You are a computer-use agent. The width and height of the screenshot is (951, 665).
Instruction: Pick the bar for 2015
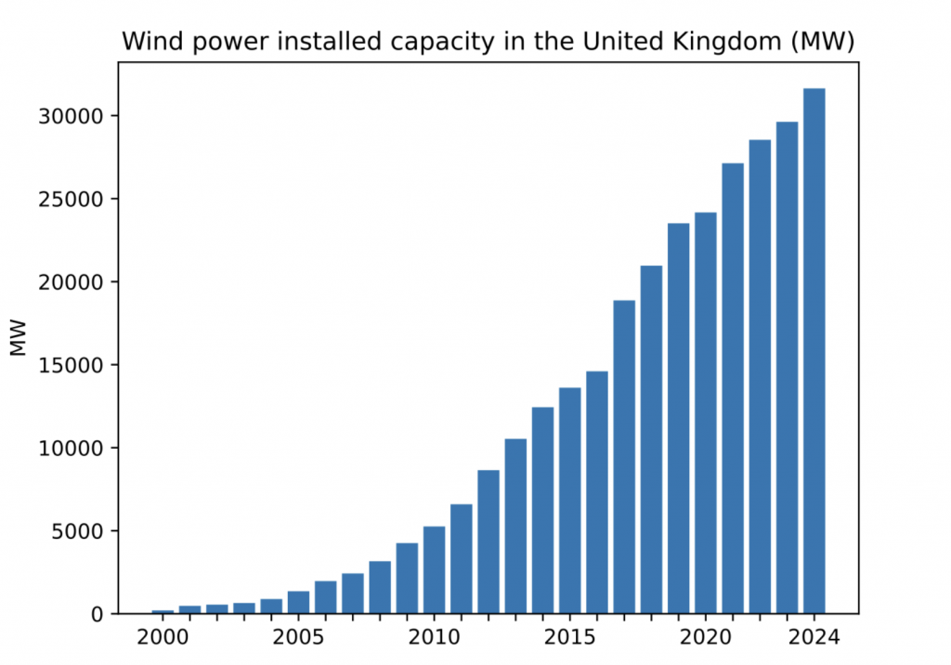569,501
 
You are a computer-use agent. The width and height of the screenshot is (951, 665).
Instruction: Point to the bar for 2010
434,570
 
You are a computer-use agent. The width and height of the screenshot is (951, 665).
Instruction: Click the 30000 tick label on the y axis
73,116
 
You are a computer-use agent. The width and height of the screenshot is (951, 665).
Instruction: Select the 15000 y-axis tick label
73,365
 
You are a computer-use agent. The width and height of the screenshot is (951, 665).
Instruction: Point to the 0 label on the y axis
100,615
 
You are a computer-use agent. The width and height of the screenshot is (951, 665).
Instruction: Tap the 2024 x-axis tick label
814,639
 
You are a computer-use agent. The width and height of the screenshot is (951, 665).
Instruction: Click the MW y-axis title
20,340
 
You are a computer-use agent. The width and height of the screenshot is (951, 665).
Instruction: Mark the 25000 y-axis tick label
73,199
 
